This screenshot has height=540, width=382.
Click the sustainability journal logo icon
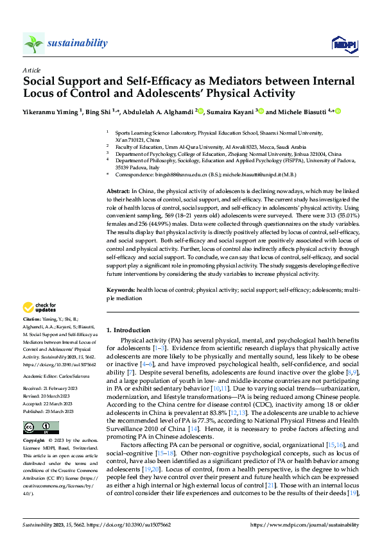[x=33, y=43]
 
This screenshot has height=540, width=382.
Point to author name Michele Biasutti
[x=296, y=112]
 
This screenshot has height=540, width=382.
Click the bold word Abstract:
[x=117, y=192]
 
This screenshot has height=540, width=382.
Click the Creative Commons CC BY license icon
[x=40, y=428]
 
